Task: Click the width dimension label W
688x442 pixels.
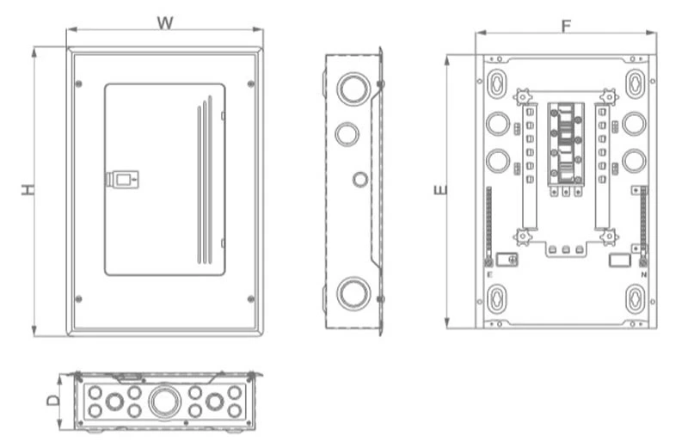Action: pyautogui.click(x=165, y=21)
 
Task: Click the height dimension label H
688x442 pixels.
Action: pyautogui.click(x=28, y=189)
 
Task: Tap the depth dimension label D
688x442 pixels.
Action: pyautogui.click(x=53, y=400)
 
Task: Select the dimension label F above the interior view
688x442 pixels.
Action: pyautogui.click(x=566, y=25)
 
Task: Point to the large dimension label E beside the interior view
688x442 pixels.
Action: pyautogui.click(x=440, y=189)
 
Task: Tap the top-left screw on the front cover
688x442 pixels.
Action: pyautogui.click(x=78, y=83)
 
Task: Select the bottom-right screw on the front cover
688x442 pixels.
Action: pyautogui.click(x=250, y=299)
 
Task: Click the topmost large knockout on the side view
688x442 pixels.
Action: pyautogui.click(x=353, y=88)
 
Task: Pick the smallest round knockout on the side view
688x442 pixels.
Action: pyautogui.click(x=359, y=179)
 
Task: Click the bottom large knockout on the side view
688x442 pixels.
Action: pyautogui.click(x=353, y=292)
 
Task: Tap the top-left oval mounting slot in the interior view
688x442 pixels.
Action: pyautogui.click(x=496, y=83)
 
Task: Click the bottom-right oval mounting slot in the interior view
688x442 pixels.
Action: pyautogui.click(x=634, y=298)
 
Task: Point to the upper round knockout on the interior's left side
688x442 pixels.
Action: pyautogui.click(x=497, y=124)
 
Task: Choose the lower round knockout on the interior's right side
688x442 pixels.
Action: pyautogui.click(x=634, y=161)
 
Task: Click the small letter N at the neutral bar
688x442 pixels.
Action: pyautogui.click(x=643, y=273)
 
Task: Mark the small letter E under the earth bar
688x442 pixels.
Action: pyautogui.click(x=488, y=273)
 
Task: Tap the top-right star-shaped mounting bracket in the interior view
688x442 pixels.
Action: pyautogui.click(x=609, y=96)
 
